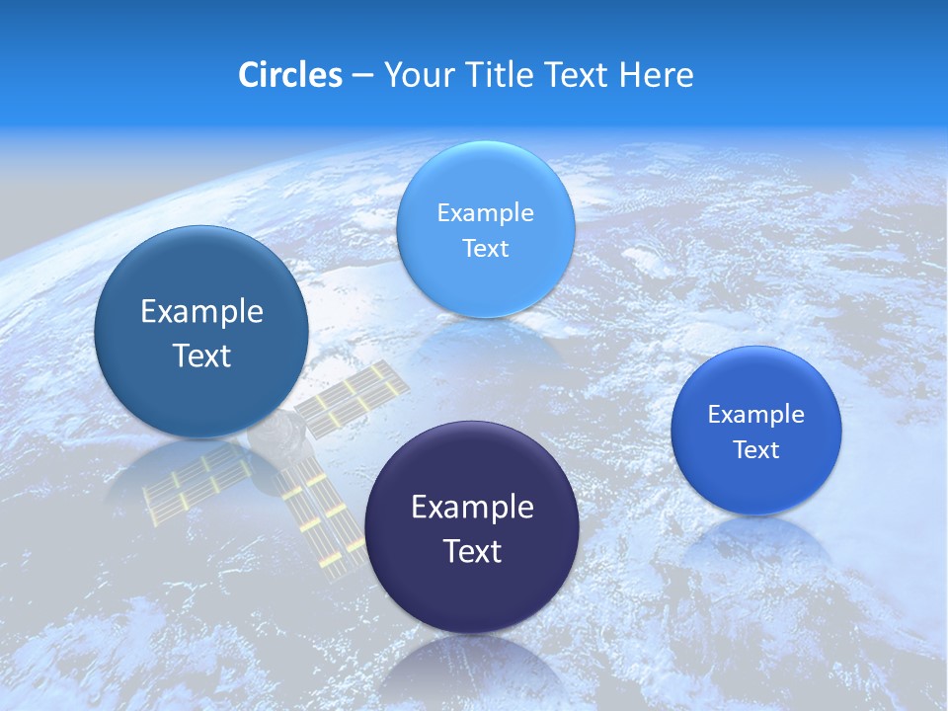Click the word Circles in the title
pos(289,75)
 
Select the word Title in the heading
pos(498,75)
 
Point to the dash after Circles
pos(361,76)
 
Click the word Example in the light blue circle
pos(485,213)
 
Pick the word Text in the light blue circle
pos(485,249)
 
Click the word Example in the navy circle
pos(472,508)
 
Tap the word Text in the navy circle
pos(472,551)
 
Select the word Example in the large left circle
pos(201,312)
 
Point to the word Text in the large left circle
pos(201,355)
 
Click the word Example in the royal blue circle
pos(755,415)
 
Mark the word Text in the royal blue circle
pos(755,450)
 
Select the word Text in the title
pos(579,75)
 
